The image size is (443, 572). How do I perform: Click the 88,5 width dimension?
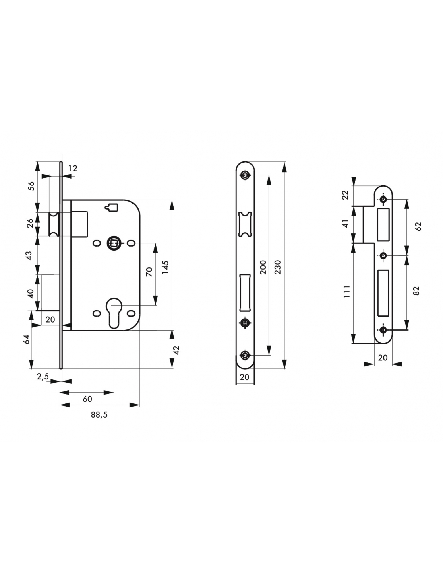[x=99, y=415]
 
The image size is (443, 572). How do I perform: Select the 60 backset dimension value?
[x=87, y=399]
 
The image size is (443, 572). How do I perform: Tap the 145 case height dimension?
[x=165, y=267]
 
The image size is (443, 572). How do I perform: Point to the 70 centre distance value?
[x=149, y=272]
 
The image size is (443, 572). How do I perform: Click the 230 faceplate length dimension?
[x=278, y=267]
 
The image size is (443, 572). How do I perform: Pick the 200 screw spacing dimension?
[x=263, y=267]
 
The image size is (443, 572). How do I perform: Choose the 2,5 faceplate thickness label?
[x=43, y=377]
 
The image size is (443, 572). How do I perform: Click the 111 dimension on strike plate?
[x=346, y=291]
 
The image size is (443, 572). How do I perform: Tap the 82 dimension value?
[x=416, y=290]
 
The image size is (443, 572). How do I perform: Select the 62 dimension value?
[x=418, y=226]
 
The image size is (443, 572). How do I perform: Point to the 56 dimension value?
[x=31, y=186]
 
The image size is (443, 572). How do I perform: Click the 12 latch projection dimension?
[x=73, y=168]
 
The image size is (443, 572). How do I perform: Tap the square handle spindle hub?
[x=114, y=243]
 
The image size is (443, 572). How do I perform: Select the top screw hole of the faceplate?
[x=245, y=175]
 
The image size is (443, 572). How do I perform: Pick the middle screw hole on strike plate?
[x=383, y=255]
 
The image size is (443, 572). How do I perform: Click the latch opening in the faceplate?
[x=245, y=224]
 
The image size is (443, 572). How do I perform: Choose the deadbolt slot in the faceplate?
[x=245, y=292]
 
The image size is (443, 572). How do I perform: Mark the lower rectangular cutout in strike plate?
[x=383, y=293]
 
